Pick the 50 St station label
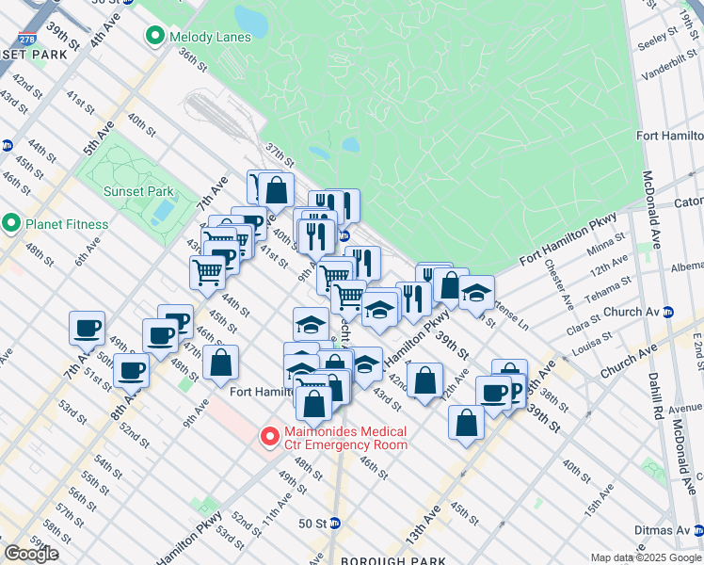pos(312,523)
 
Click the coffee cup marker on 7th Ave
pos(87,328)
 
